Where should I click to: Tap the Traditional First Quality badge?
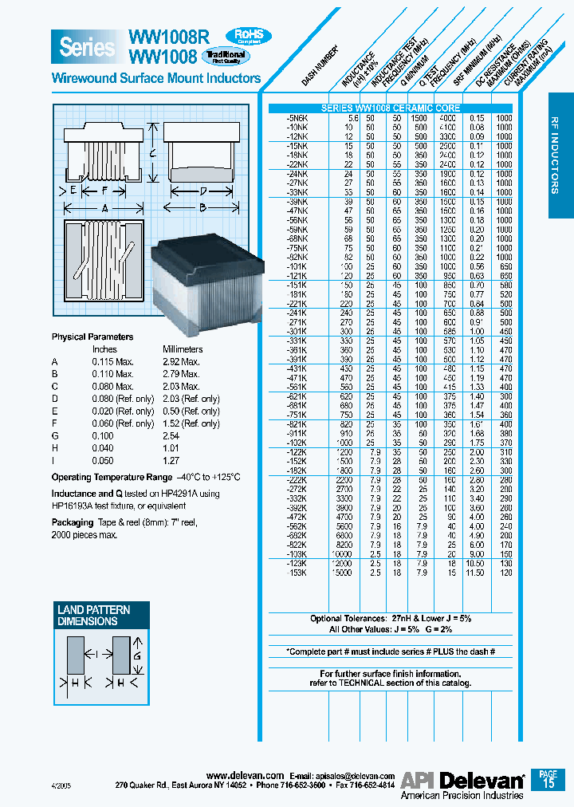[226, 56]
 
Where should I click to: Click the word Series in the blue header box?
[87, 47]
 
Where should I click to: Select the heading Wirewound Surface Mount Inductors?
[155, 78]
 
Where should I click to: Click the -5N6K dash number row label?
[297, 117]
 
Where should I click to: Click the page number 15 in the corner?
[548, 783]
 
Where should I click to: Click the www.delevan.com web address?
[245, 775]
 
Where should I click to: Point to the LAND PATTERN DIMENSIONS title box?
[94, 615]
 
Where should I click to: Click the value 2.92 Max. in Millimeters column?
[181, 361]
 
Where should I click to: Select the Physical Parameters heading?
[92, 337]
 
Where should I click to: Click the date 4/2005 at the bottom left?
[61, 785]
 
